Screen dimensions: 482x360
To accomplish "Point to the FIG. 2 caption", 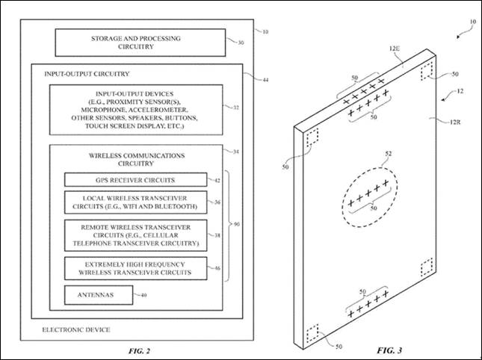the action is point(139,351).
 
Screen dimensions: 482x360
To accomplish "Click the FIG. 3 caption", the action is point(389,350).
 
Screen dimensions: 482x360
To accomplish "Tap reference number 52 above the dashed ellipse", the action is point(389,154).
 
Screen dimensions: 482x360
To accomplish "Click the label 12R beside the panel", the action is point(455,122).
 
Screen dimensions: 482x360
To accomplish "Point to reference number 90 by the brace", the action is point(237,225).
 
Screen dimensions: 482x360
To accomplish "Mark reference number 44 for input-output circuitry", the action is point(265,80).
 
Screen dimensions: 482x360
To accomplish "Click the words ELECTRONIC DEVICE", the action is point(76,330).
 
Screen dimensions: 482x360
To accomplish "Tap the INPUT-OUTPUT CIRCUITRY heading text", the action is point(87,74).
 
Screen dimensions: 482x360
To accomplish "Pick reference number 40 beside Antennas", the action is point(143,295).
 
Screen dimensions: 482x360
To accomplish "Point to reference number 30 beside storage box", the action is point(241,43).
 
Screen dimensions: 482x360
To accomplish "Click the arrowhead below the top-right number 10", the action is point(458,37).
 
